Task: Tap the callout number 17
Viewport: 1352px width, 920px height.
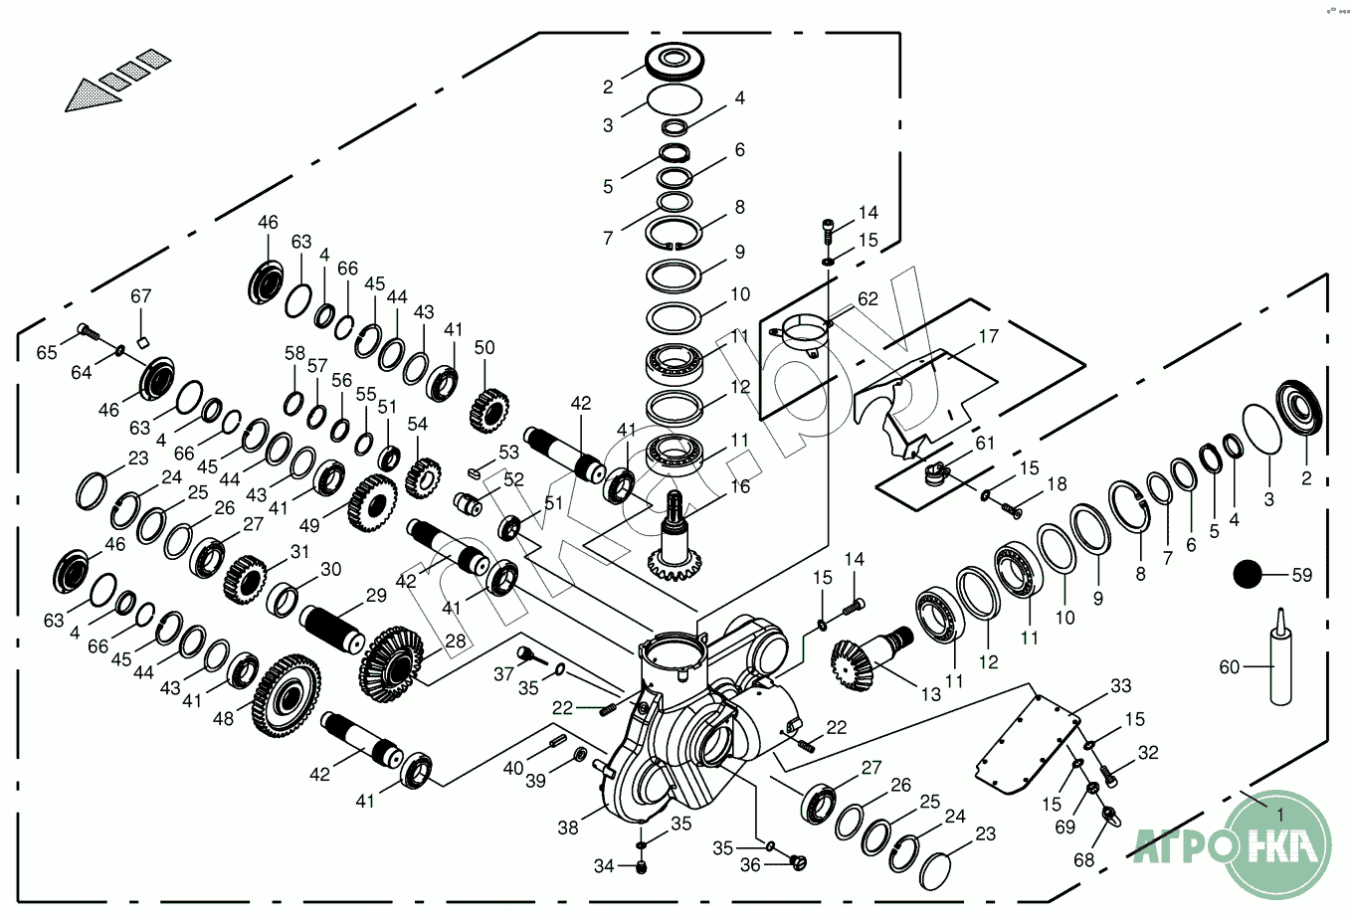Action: point(988,336)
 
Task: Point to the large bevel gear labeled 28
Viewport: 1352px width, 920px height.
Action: point(390,658)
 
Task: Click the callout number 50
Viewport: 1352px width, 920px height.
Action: point(484,348)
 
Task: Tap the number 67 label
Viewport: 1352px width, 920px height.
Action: point(141,296)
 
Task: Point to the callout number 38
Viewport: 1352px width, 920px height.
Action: point(567,827)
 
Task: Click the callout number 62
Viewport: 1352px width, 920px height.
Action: point(868,298)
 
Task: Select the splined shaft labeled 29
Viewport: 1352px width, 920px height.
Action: point(335,627)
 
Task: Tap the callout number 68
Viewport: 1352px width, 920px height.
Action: point(1083,859)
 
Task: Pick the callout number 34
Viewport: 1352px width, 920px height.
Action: point(604,866)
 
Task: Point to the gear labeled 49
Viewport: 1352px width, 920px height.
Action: point(373,502)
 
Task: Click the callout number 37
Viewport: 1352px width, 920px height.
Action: point(504,674)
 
